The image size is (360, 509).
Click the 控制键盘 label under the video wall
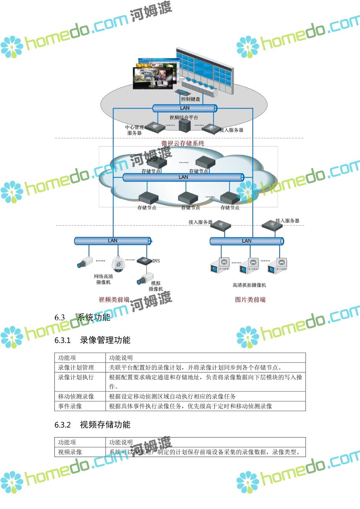[190, 99]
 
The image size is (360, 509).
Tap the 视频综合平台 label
[184, 118]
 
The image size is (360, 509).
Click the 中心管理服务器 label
[134, 130]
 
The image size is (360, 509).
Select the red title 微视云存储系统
[183, 143]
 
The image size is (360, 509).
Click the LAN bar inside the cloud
[183, 177]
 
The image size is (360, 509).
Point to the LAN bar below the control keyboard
[185, 108]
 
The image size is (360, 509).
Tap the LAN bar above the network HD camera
[112, 241]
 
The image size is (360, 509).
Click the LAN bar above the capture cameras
[246, 241]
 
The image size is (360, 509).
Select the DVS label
[156, 261]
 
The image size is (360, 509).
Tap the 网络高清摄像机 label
[103, 279]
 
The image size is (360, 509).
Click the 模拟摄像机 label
[156, 286]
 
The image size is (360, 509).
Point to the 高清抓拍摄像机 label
[249, 285]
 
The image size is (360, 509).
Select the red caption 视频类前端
[114, 300]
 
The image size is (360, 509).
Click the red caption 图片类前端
[250, 300]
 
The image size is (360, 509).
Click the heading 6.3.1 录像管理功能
[93, 340]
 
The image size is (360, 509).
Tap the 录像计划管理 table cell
[76, 368]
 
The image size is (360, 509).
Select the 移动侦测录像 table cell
[76, 396]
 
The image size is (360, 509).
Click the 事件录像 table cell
[70, 406]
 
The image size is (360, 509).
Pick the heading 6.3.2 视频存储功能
[93, 425]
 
